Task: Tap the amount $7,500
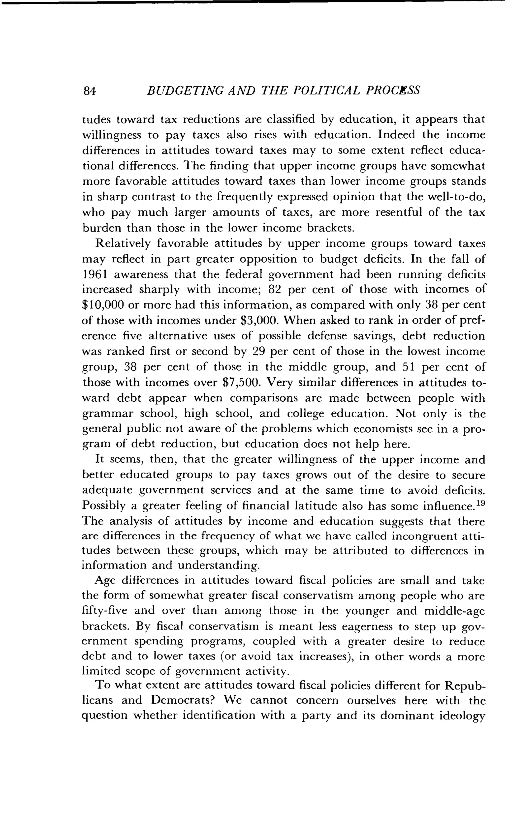click(x=242, y=382)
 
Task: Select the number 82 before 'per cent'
click(x=275, y=290)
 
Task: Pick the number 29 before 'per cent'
click(x=260, y=351)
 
